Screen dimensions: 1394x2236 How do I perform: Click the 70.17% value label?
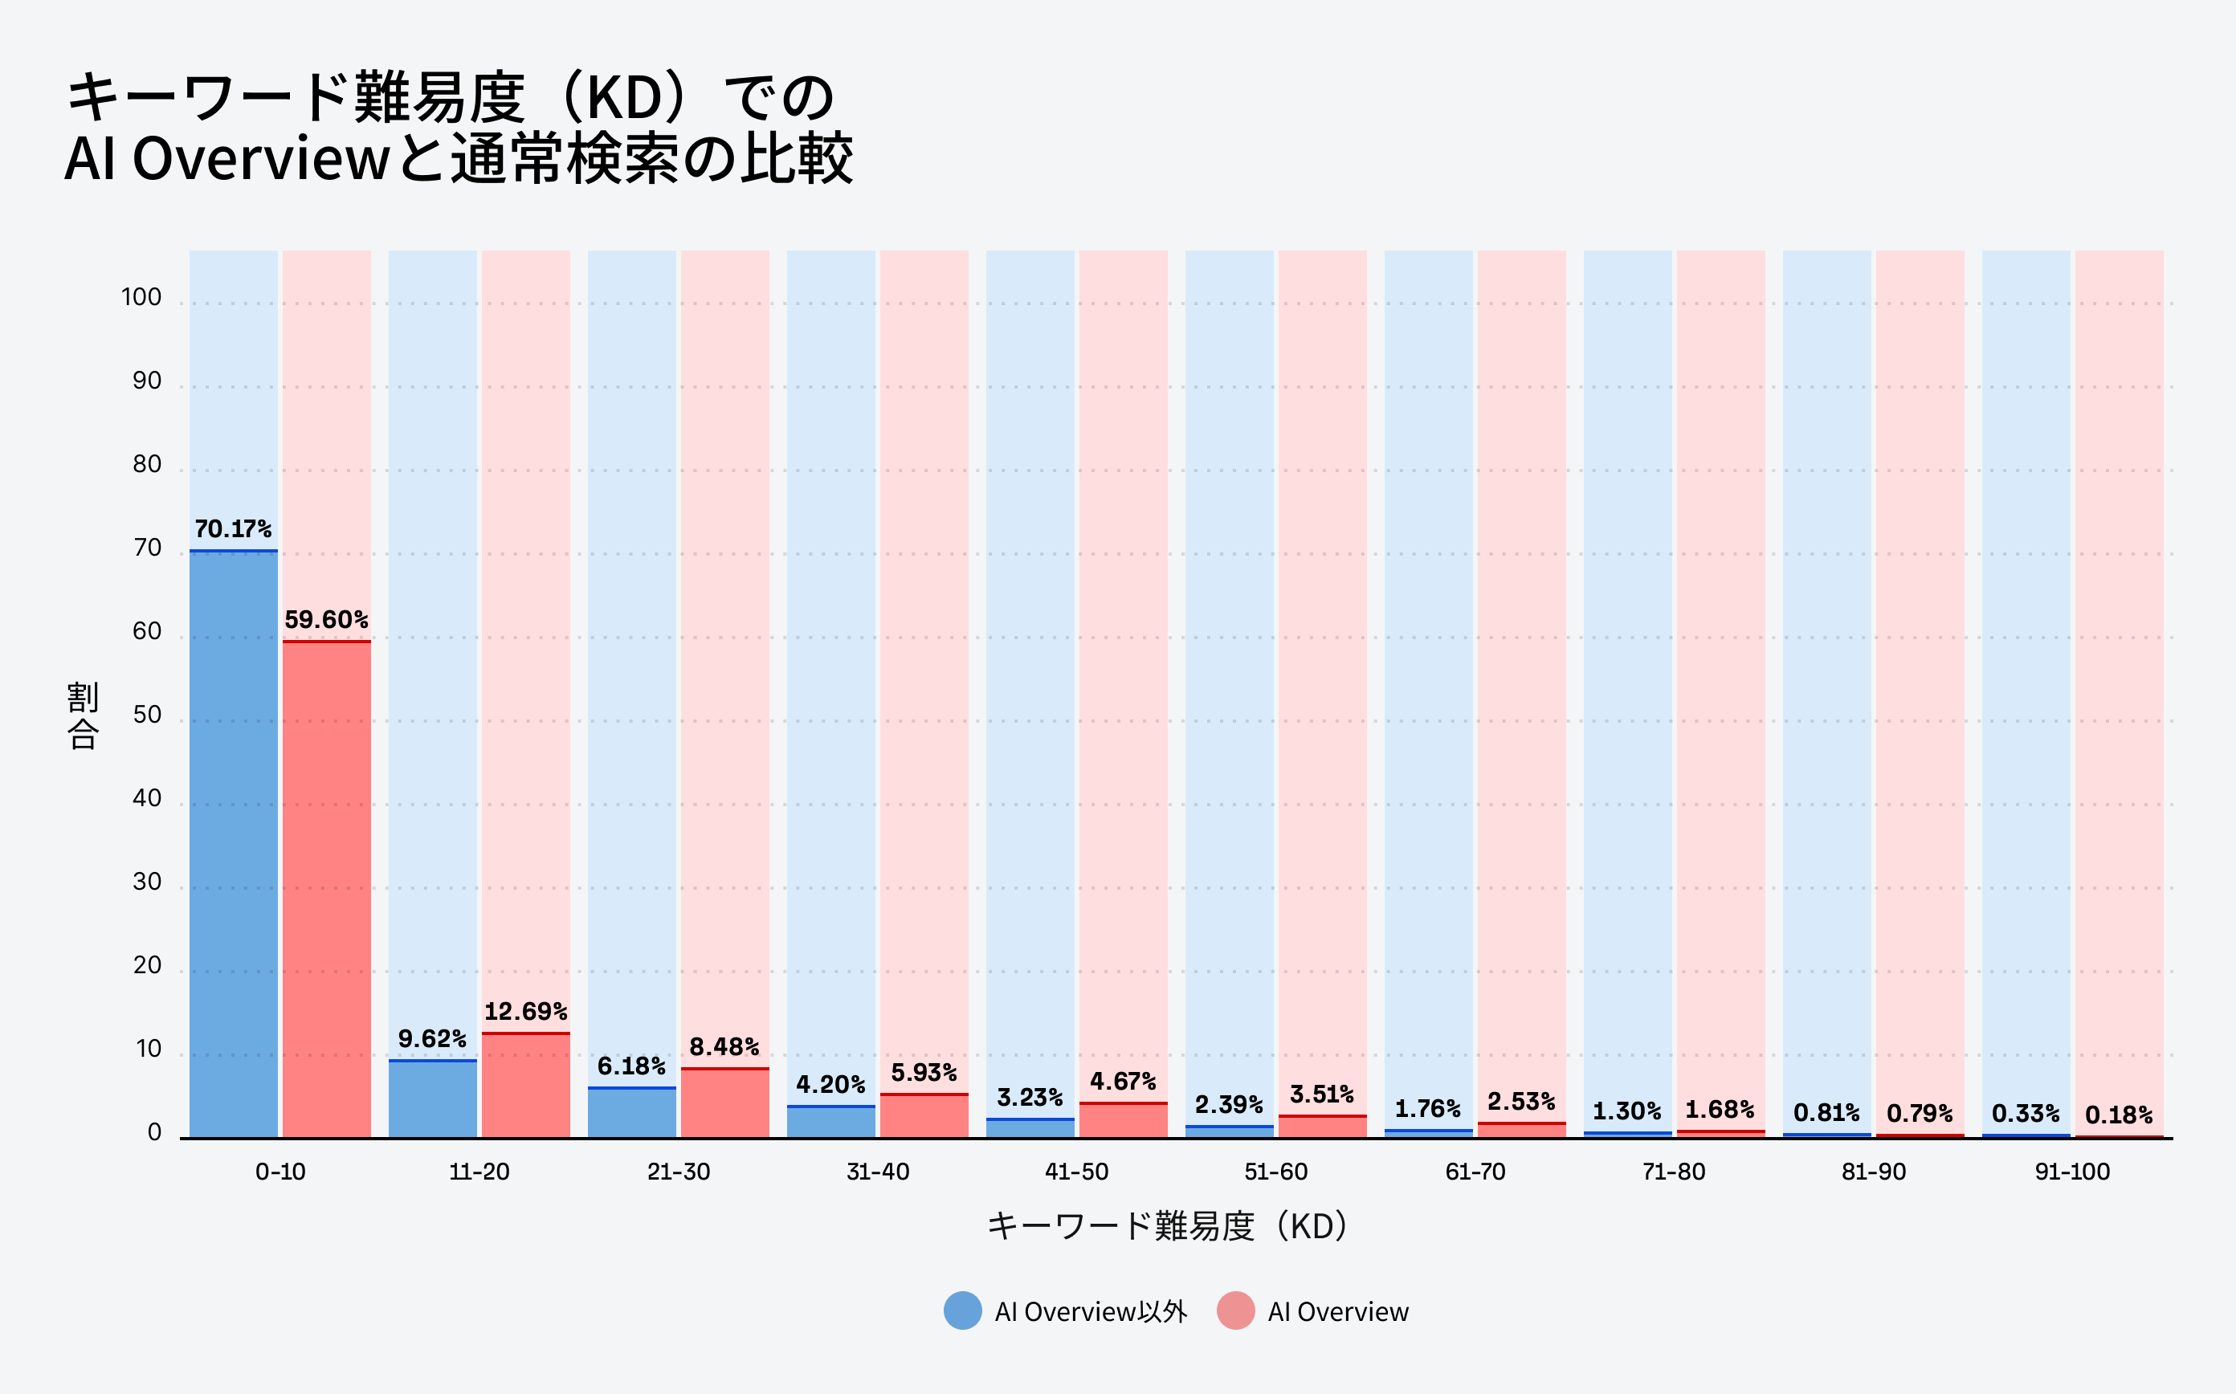(x=232, y=529)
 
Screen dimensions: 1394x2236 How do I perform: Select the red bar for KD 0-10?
(x=326, y=889)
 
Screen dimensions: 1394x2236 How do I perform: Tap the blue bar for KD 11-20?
(x=432, y=1099)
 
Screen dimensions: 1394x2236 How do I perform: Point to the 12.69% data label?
(x=525, y=1012)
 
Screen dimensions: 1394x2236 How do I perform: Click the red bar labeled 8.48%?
(x=724, y=1103)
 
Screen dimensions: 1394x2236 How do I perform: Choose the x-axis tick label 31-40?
(x=877, y=1172)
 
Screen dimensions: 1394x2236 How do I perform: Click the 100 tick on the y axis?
(x=141, y=297)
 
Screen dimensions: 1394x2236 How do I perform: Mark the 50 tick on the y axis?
(x=147, y=715)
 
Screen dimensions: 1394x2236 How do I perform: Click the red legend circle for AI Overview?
(x=1235, y=1311)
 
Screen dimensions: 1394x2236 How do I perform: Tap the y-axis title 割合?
(x=83, y=715)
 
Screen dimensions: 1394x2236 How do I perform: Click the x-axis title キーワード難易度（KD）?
(x=1167, y=1226)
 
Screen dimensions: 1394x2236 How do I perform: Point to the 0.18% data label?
(x=2119, y=1115)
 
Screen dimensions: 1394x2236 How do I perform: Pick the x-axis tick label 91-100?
(x=2072, y=1172)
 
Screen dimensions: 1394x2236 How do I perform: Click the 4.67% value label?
(x=1122, y=1082)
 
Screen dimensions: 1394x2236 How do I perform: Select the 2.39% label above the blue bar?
(x=1228, y=1104)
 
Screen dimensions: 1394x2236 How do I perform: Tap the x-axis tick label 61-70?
(x=1475, y=1172)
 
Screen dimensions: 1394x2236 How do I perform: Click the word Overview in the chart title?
(x=261, y=158)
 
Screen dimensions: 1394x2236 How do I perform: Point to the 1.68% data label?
(x=1720, y=1110)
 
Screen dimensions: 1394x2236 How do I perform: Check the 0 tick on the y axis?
(x=154, y=1132)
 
